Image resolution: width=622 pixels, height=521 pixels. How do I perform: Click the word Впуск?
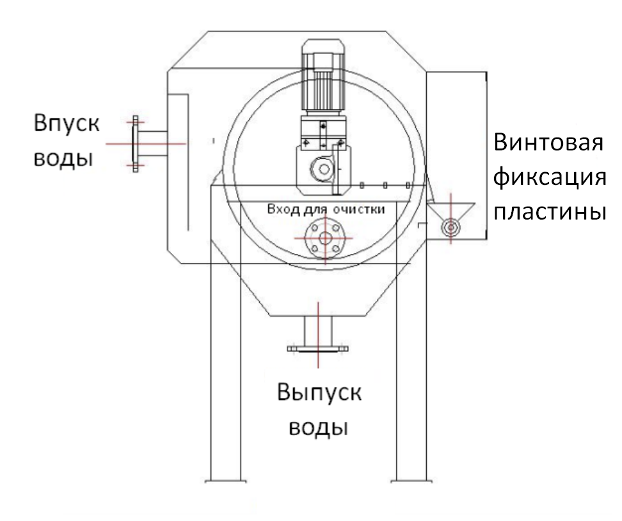coord(67,123)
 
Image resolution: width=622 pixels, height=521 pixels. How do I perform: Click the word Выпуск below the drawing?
coord(319,392)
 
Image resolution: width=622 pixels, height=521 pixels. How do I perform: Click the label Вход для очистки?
coord(326,210)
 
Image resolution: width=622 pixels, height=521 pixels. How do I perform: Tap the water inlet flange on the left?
coord(134,143)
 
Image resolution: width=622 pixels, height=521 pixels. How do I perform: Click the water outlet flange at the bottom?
coord(318,349)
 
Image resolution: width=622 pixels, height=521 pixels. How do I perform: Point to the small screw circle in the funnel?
coord(452,226)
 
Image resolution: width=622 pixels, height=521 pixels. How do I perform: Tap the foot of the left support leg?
coord(225,479)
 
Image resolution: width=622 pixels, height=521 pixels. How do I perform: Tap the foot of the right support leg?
coord(411,479)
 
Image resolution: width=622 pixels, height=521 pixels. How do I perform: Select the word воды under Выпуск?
coord(319,427)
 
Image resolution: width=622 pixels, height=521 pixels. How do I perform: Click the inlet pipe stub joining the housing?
coord(153,143)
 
